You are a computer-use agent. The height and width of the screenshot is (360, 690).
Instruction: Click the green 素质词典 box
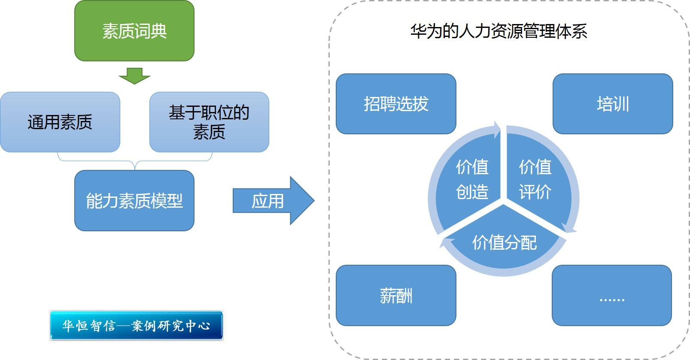134,31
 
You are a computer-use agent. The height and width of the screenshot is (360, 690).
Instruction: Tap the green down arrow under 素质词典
134,76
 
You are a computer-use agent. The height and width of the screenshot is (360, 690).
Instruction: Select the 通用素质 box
60,122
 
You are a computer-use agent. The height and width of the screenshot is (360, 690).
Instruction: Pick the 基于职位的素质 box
209,122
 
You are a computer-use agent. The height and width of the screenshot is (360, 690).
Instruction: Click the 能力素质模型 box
134,200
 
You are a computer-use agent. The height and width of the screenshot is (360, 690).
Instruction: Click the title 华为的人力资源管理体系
498,31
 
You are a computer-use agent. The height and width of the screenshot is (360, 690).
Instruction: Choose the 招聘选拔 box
395,104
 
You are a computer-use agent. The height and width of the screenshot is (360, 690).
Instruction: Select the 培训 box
612,104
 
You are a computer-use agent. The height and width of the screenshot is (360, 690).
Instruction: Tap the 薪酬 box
395,295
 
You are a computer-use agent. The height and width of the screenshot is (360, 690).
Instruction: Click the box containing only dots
611,295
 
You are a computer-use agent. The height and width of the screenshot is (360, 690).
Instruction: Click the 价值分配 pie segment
504,242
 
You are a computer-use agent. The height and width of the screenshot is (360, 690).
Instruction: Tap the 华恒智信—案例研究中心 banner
136,326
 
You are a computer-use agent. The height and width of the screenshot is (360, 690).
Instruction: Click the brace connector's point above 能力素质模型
135,168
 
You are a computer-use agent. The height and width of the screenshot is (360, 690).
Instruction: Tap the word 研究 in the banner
171,326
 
